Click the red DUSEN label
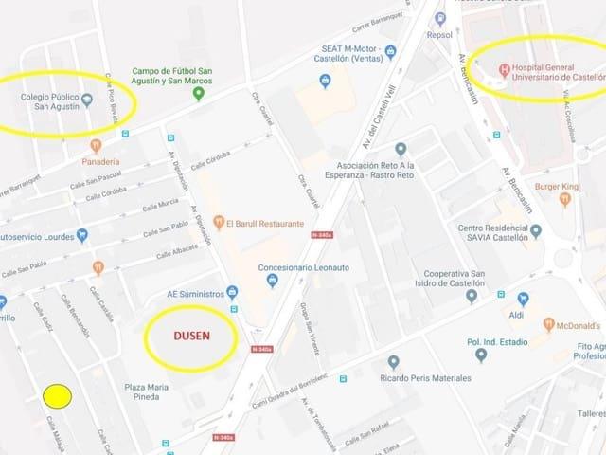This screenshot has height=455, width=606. coord(191,336)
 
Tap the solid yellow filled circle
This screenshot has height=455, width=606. coord(57,396)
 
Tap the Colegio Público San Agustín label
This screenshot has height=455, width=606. coord(51,100)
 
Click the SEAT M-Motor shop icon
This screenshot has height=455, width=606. coord(325,82)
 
